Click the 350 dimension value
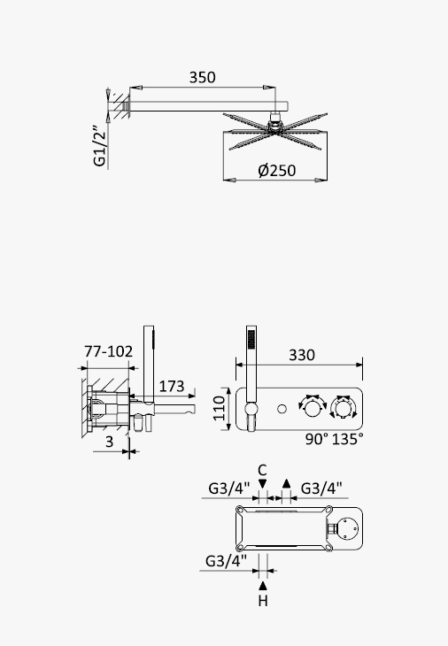click(x=202, y=77)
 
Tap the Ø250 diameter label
click(x=277, y=171)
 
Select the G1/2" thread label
click(x=100, y=145)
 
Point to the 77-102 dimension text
click(x=108, y=351)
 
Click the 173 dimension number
click(x=172, y=386)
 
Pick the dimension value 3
click(x=109, y=442)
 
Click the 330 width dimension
click(x=302, y=355)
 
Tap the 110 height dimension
click(x=220, y=408)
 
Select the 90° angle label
click(x=317, y=439)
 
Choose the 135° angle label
click(x=348, y=439)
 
